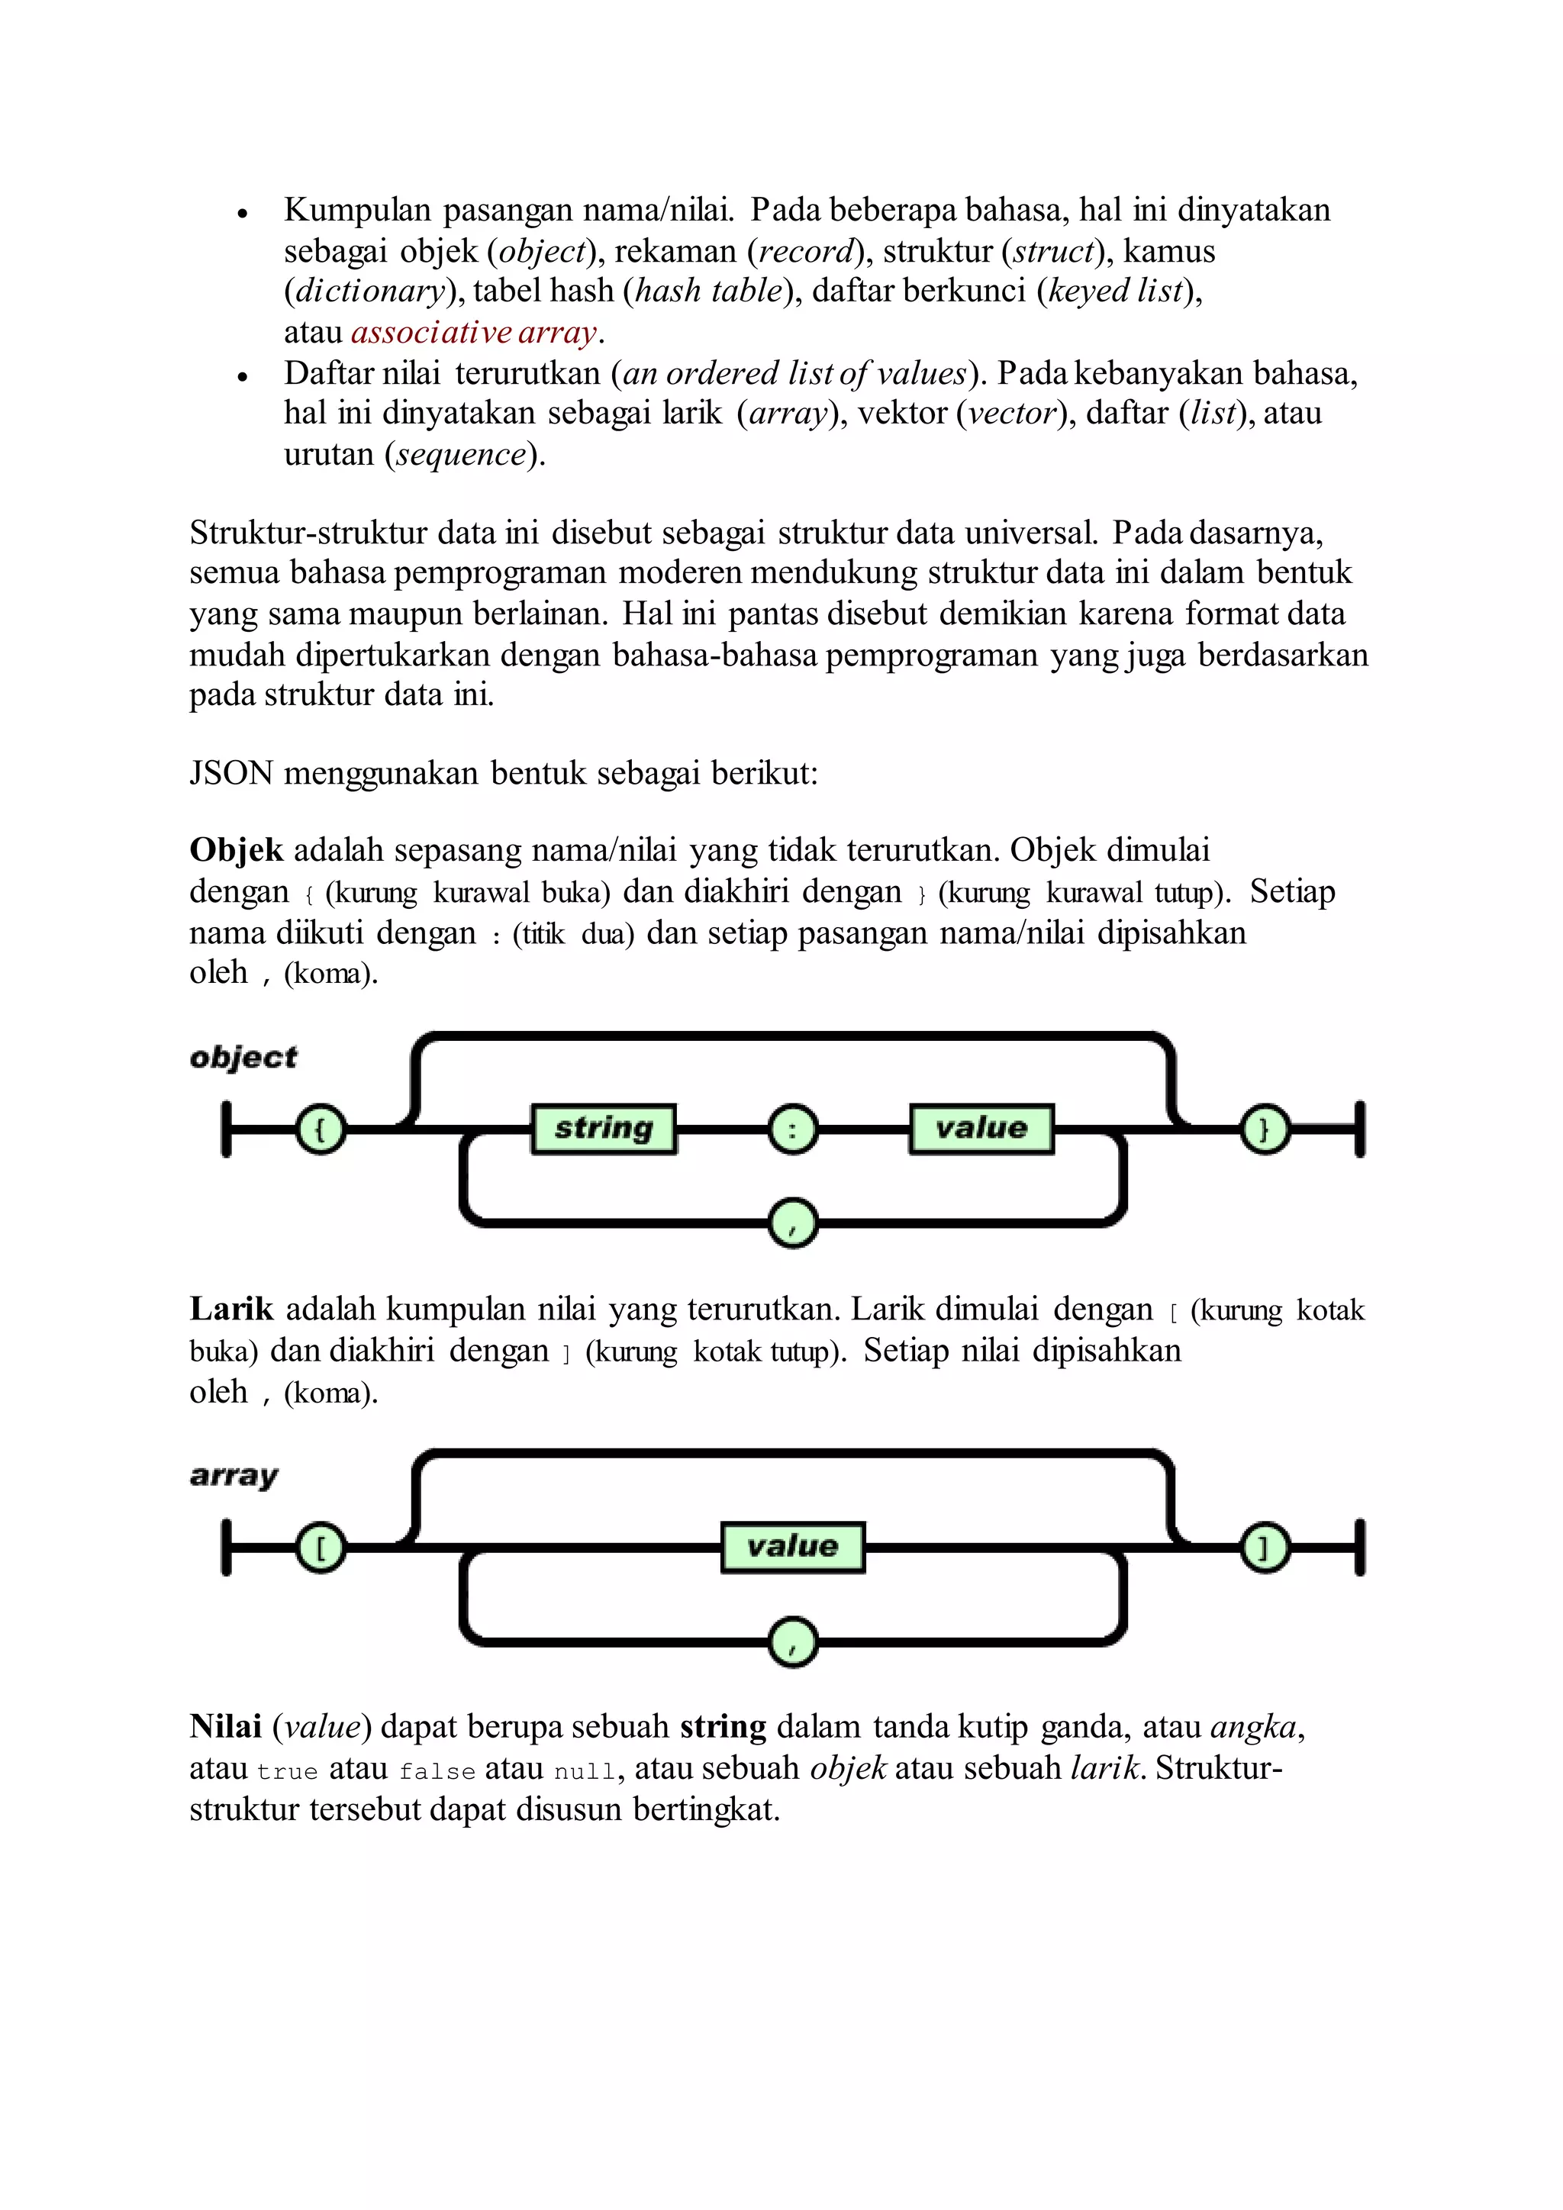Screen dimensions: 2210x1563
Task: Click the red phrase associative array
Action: point(475,332)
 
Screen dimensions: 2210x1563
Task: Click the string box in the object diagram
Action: point(604,1128)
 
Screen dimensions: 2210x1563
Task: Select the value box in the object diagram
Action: point(981,1128)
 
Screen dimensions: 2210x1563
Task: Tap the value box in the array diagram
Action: point(792,1547)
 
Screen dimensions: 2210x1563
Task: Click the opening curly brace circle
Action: point(321,1129)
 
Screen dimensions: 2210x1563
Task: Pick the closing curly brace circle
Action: point(1265,1129)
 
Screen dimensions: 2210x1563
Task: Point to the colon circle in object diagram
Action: point(793,1129)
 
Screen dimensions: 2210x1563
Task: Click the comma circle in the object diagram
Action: point(793,1223)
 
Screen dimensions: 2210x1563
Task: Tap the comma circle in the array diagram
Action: point(793,1642)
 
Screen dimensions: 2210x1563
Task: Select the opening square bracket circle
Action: point(321,1548)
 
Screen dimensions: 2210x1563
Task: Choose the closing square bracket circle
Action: point(1265,1548)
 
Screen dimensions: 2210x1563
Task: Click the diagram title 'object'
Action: point(243,1058)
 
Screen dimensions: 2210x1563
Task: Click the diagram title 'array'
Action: point(234,1476)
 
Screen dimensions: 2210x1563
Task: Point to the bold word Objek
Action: point(236,851)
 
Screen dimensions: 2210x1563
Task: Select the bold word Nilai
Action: point(225,1727)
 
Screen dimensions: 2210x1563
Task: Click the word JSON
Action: point(231,773)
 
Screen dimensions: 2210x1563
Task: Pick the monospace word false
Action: point(437,1772)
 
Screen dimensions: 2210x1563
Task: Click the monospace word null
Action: point(584,1772)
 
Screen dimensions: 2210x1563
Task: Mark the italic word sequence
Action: point(461,454)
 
